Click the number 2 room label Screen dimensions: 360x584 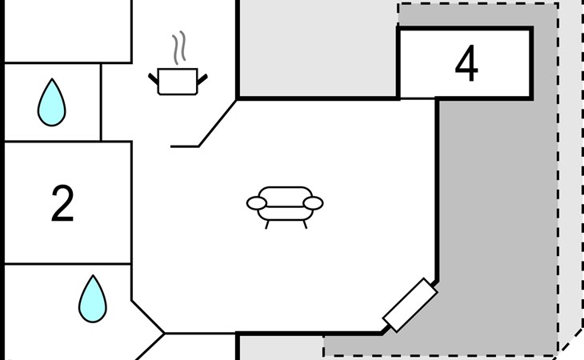[62, 204]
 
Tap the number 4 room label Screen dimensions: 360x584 [466, 65]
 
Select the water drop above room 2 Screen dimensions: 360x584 [52, 102]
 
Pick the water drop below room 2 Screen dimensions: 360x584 [92, 299]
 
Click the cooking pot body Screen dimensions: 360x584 [178, 82]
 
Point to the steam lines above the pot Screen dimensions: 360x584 [182, 48]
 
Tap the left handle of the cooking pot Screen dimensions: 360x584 [153, 78]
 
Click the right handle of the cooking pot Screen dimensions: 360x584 [202, 78]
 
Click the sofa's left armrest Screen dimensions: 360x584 [256, 203]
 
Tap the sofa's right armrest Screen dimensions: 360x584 [314, 203]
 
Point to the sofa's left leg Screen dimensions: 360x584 [267, 224]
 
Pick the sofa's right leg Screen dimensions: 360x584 [305, 224]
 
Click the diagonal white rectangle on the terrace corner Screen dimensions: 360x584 [410, 305]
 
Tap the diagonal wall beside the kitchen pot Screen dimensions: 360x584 [218, 123]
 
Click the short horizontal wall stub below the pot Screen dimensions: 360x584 [184, 146]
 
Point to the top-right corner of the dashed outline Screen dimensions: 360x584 [558, 4]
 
